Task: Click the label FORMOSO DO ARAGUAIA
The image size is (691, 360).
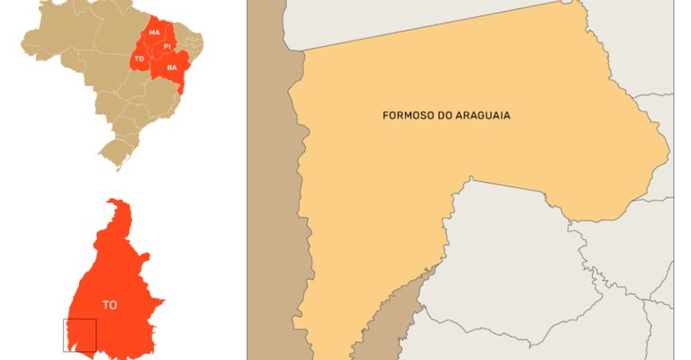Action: click(x=440, y=116)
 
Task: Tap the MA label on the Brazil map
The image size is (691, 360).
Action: click(x=155, y=33)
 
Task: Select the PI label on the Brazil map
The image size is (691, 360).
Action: click(x=167, y=46)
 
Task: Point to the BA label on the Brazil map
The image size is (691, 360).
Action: click(x=172, y=67)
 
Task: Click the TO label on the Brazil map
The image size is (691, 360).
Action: click(x=139, y=58)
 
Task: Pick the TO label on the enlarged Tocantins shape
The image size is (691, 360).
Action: click(x=109, y=305)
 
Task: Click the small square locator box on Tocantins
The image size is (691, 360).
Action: click(x=79, y=335)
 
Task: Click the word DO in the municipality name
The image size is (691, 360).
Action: click(x=441, y=116)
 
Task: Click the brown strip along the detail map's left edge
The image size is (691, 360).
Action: click(x=269, y=180)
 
